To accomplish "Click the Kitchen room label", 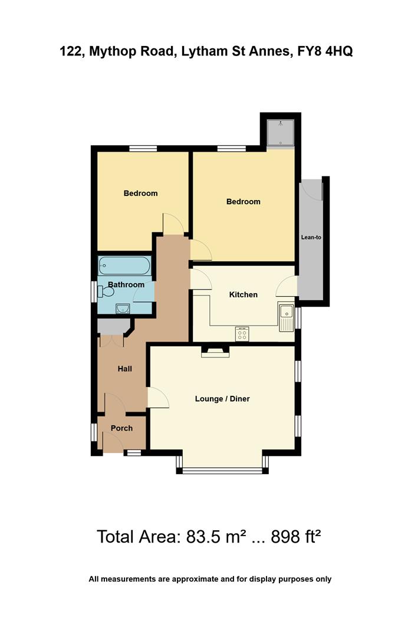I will [x=243, y=294].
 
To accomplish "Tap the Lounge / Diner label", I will [x=222, y=399].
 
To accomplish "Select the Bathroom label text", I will [x=126, y=284].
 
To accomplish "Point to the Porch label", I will [x=121, y=428].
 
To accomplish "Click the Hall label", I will [x=124, y=369].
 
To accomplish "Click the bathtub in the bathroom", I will [x=124, y=265].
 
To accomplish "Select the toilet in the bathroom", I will [x=106, y=291].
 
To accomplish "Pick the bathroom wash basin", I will [x=123, y=308].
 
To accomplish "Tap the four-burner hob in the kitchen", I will [x=242, y=334].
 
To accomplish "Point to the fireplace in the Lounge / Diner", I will [x=215, y=352].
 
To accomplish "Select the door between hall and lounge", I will [x=157, y=398].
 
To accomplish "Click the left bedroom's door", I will [x=174, y=223].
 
